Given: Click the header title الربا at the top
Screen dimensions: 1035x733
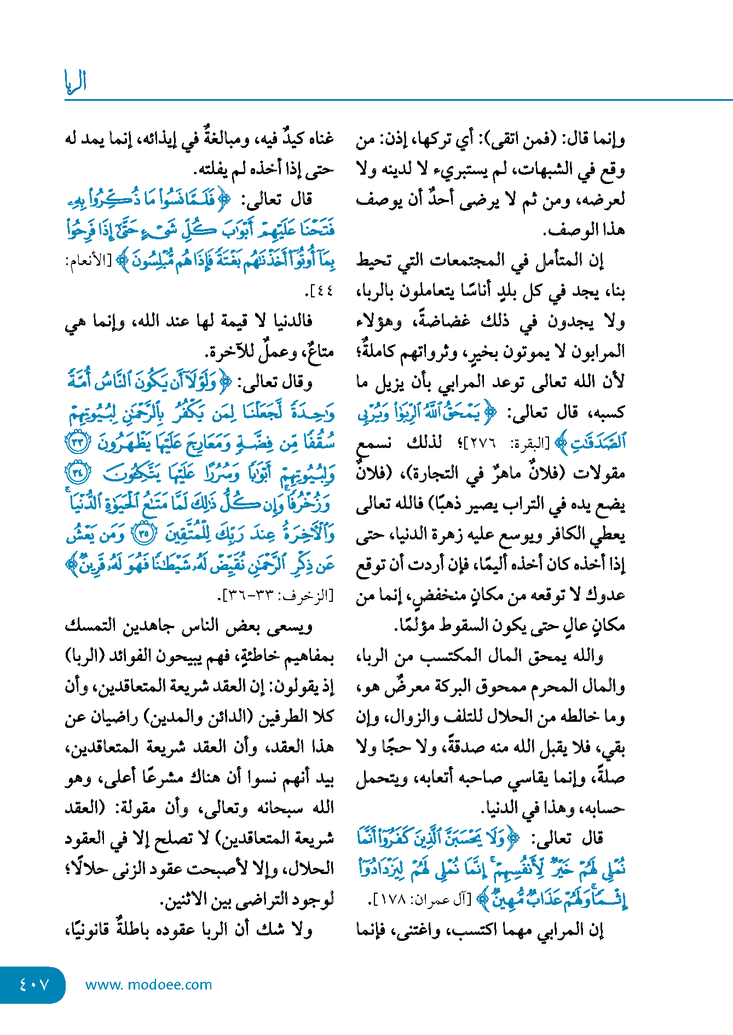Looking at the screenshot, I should point(76,82).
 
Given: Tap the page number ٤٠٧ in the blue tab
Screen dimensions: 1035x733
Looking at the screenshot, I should point(34,985).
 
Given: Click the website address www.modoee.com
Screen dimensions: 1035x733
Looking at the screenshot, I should point(148,985).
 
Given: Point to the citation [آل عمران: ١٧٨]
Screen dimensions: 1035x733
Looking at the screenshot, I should point(424,899).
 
